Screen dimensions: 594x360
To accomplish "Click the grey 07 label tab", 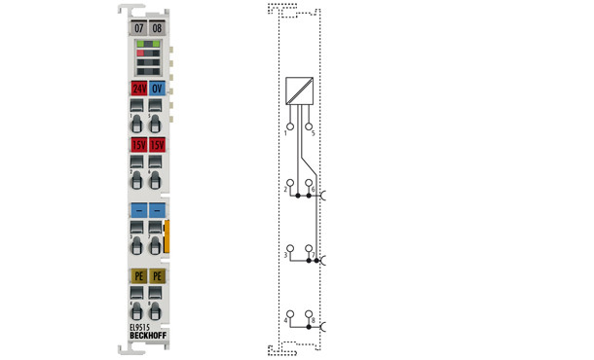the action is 138,27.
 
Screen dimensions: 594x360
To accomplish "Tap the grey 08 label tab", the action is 157,27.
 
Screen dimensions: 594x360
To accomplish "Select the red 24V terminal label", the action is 138,89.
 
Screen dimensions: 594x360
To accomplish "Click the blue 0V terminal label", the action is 157,89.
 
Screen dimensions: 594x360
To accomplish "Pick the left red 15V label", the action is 138,145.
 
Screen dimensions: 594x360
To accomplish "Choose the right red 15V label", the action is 157,145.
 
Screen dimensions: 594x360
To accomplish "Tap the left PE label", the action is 138,276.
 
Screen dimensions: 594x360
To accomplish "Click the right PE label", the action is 157,276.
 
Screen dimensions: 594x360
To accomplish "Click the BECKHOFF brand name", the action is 147,337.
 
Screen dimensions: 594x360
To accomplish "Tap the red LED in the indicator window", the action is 139,53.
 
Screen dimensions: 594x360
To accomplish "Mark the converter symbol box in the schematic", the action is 299,90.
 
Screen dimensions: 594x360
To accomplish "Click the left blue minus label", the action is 138,210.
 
